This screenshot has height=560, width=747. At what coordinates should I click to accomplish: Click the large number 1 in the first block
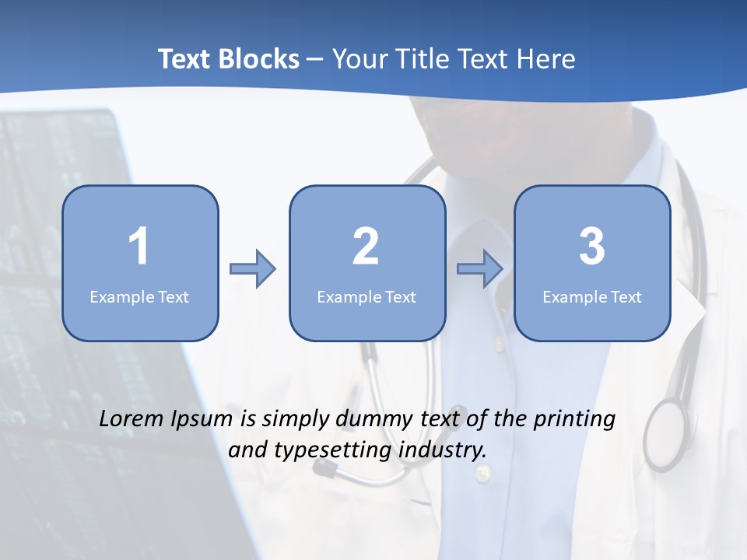tap(139, 247)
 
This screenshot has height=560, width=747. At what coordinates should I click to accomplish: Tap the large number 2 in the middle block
tap(366, 247)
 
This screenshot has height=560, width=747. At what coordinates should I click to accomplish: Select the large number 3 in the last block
tap(592, 247)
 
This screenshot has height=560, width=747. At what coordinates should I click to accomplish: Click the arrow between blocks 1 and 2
tap(253, 269)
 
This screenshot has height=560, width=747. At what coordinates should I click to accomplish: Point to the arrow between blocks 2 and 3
tap(480, 269)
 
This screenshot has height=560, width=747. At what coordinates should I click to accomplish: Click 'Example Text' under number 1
tap(139, 296)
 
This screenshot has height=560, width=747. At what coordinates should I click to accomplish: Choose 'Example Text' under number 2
tap(366, 296)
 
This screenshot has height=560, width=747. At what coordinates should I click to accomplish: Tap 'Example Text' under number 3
tap(592, 296)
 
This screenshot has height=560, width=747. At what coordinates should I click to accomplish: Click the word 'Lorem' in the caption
tap(132, 419)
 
